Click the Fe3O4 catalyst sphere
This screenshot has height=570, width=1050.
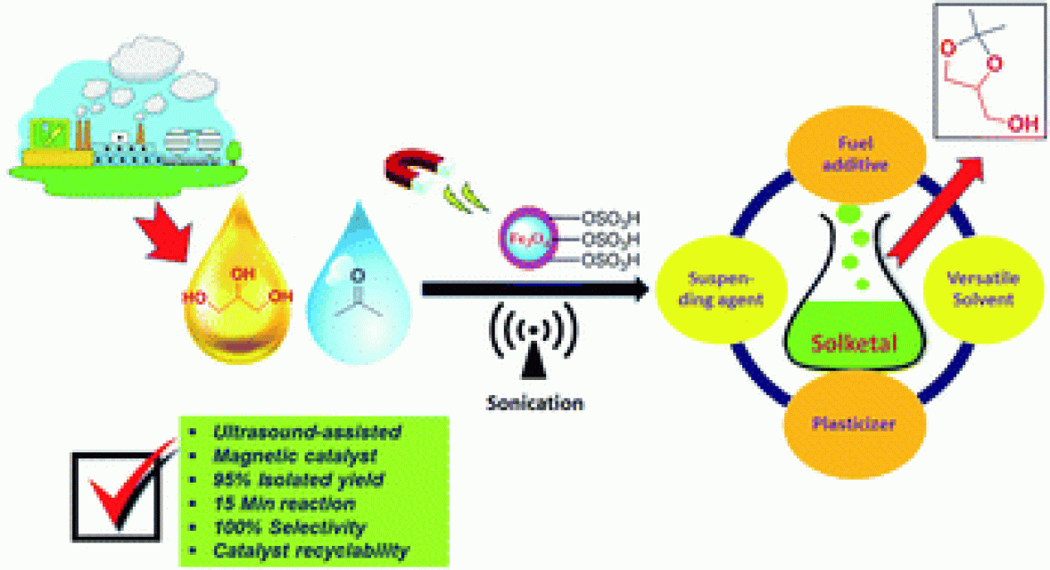pos(525,240)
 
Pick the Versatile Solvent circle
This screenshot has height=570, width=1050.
pos(981,288)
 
